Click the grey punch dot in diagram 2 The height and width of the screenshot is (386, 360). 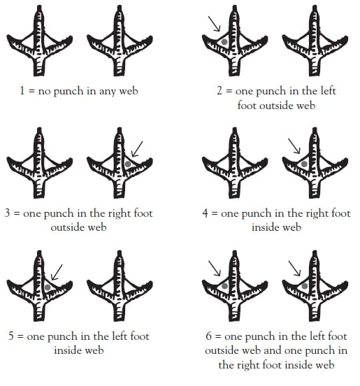coord(224,42)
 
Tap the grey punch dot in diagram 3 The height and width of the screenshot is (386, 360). coord(128,164)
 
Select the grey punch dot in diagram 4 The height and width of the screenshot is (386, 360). coord(304,164)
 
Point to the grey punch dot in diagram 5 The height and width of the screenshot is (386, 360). coord(48,287)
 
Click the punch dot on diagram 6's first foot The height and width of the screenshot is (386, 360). coord(224,286)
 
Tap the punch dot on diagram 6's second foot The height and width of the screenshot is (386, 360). coord(304,286)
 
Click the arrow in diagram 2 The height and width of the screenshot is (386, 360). coord(214,24)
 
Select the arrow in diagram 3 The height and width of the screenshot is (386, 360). coord(137,149)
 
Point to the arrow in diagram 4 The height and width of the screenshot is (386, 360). coord(294,146)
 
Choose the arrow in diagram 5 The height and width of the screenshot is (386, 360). coord(57,272)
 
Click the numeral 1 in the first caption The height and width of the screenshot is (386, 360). coord(22,91)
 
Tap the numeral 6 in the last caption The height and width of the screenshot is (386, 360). coord(208,336)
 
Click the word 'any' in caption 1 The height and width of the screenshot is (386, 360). coord(107,92)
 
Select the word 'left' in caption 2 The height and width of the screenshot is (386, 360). coord(329,91)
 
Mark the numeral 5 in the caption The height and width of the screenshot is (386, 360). coord(10,336)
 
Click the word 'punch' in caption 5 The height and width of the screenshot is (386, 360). coord(62,337)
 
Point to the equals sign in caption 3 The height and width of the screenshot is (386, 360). coord(17,213)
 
